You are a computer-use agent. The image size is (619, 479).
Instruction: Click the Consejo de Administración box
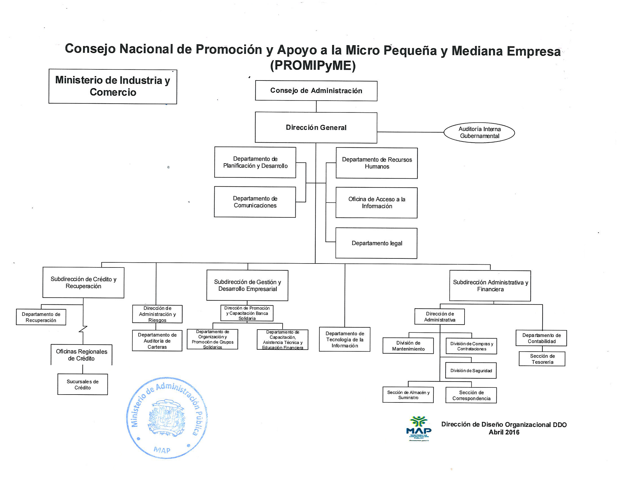pyautogui.click(x=316, y=91)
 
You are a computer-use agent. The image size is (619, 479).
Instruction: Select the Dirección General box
pyautogui.click(x=316, y=128)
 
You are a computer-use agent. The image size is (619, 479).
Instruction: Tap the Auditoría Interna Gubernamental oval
pyautogui.click(x=479, y=132)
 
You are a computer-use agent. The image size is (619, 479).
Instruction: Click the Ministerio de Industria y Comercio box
pyautogui.click(x=113, y=86)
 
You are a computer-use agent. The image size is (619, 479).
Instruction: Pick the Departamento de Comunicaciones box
pyautogui.click(x=255, y=202)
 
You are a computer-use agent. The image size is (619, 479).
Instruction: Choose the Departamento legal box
pyautogui.click(x=376, y=243)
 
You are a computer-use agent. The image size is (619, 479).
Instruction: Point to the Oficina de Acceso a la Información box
pyautogui.click(x=376, y=203)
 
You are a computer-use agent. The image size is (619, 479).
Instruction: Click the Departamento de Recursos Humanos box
pyautogui.click(x=377, y=163)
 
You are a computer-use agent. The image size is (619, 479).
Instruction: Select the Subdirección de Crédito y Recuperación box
pyautogui.click(x=83, y=283)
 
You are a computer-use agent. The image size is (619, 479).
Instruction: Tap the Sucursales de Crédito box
pyautogui.click(x=83, y=384)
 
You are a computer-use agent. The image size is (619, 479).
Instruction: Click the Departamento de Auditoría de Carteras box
pyautogui.click(x=157, y=341)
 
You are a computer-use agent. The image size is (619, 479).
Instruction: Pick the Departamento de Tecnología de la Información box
pyautogui.click(x=345, y=339)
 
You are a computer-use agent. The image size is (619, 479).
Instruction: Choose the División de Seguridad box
pyautogui.click(x=471, y=371)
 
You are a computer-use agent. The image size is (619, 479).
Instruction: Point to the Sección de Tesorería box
pyautogui.click(x=542, y=359)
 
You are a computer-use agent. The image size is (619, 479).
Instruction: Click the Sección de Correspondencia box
pyautogui.click(x=471, y=395)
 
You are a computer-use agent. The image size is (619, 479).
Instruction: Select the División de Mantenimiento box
pyautogui.click(x=408, y=346)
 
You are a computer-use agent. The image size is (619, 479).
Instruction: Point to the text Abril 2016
pyautogui.click(x=504, y=432)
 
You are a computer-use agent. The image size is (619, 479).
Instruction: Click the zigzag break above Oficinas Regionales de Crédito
pyautogui.click(x=83, y=329)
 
